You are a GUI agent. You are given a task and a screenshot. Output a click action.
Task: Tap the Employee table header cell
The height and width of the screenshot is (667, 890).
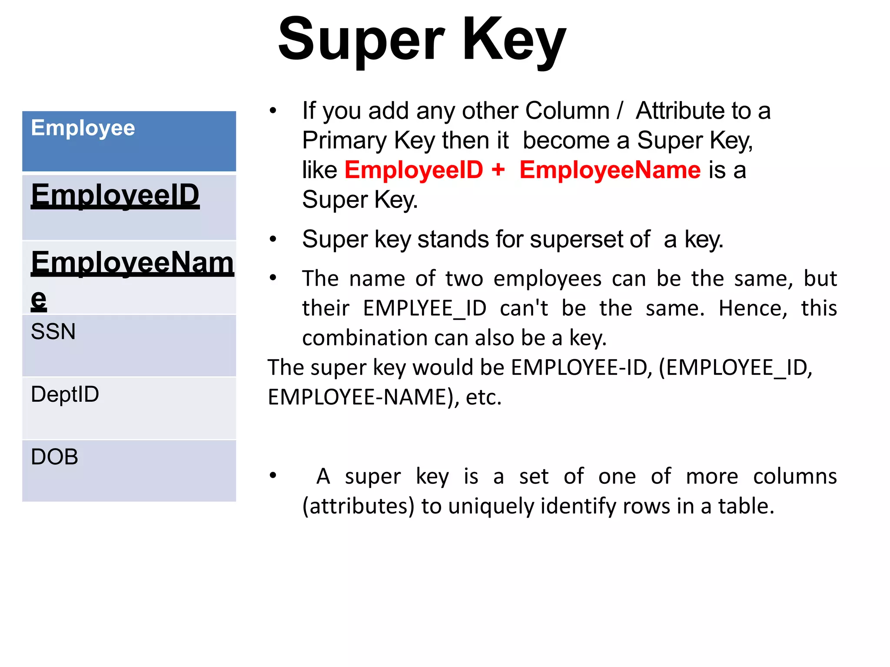tap(129, 141)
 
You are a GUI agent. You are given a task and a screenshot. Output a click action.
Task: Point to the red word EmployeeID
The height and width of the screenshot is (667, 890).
tap(414, 170)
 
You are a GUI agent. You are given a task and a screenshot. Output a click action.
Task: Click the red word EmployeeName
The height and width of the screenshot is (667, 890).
tap(610, 170)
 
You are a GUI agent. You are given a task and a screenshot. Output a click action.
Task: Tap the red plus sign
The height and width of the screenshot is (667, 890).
tap(498, 169)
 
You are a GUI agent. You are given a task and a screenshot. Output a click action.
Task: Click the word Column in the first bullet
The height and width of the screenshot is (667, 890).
tap(567, 111)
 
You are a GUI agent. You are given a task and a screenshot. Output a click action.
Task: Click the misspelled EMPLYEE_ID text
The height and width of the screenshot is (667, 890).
tap(425, 308)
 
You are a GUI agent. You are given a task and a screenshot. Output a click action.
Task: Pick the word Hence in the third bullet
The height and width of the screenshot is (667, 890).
tap(753, 308)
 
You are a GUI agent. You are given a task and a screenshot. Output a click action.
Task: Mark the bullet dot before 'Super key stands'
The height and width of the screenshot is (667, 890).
tap(273, 239)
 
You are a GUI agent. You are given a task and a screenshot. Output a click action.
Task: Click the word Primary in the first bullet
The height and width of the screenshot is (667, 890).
tap(344, 141)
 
